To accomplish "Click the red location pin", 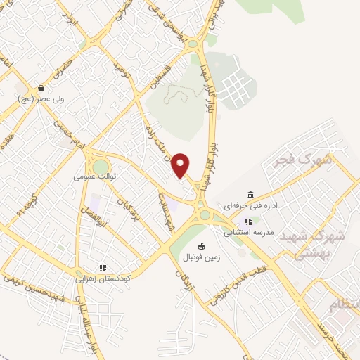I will tap(181, 165).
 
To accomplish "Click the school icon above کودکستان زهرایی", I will tap(103, 267).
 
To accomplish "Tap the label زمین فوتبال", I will tap(202, 257).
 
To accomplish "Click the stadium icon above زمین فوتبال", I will tap(202, 245).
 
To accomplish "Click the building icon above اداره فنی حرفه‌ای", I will tap(250, 195).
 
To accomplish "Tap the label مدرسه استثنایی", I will tap(247, 232).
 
